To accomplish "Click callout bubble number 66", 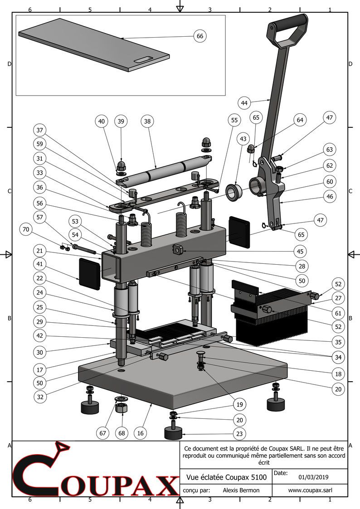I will pyautogui.click(x=200, y=36).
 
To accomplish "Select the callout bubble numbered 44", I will pyautogui.click(x=245, y=103).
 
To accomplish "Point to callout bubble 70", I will pyautogui.click(x=26, y=230).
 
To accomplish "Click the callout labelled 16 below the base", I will pyautogui.click(x=141, y=433).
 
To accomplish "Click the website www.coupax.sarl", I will pyautogui.click(x=310, y=490).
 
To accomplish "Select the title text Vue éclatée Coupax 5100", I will pyautogui.click(x=226, y=477).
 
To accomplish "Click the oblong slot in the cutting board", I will pyautogui.click(x=144, y=59).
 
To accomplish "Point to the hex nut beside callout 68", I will pyautogui.click(x=122, y=408).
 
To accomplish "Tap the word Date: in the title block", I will pyautogui.click(x=281, y=473).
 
